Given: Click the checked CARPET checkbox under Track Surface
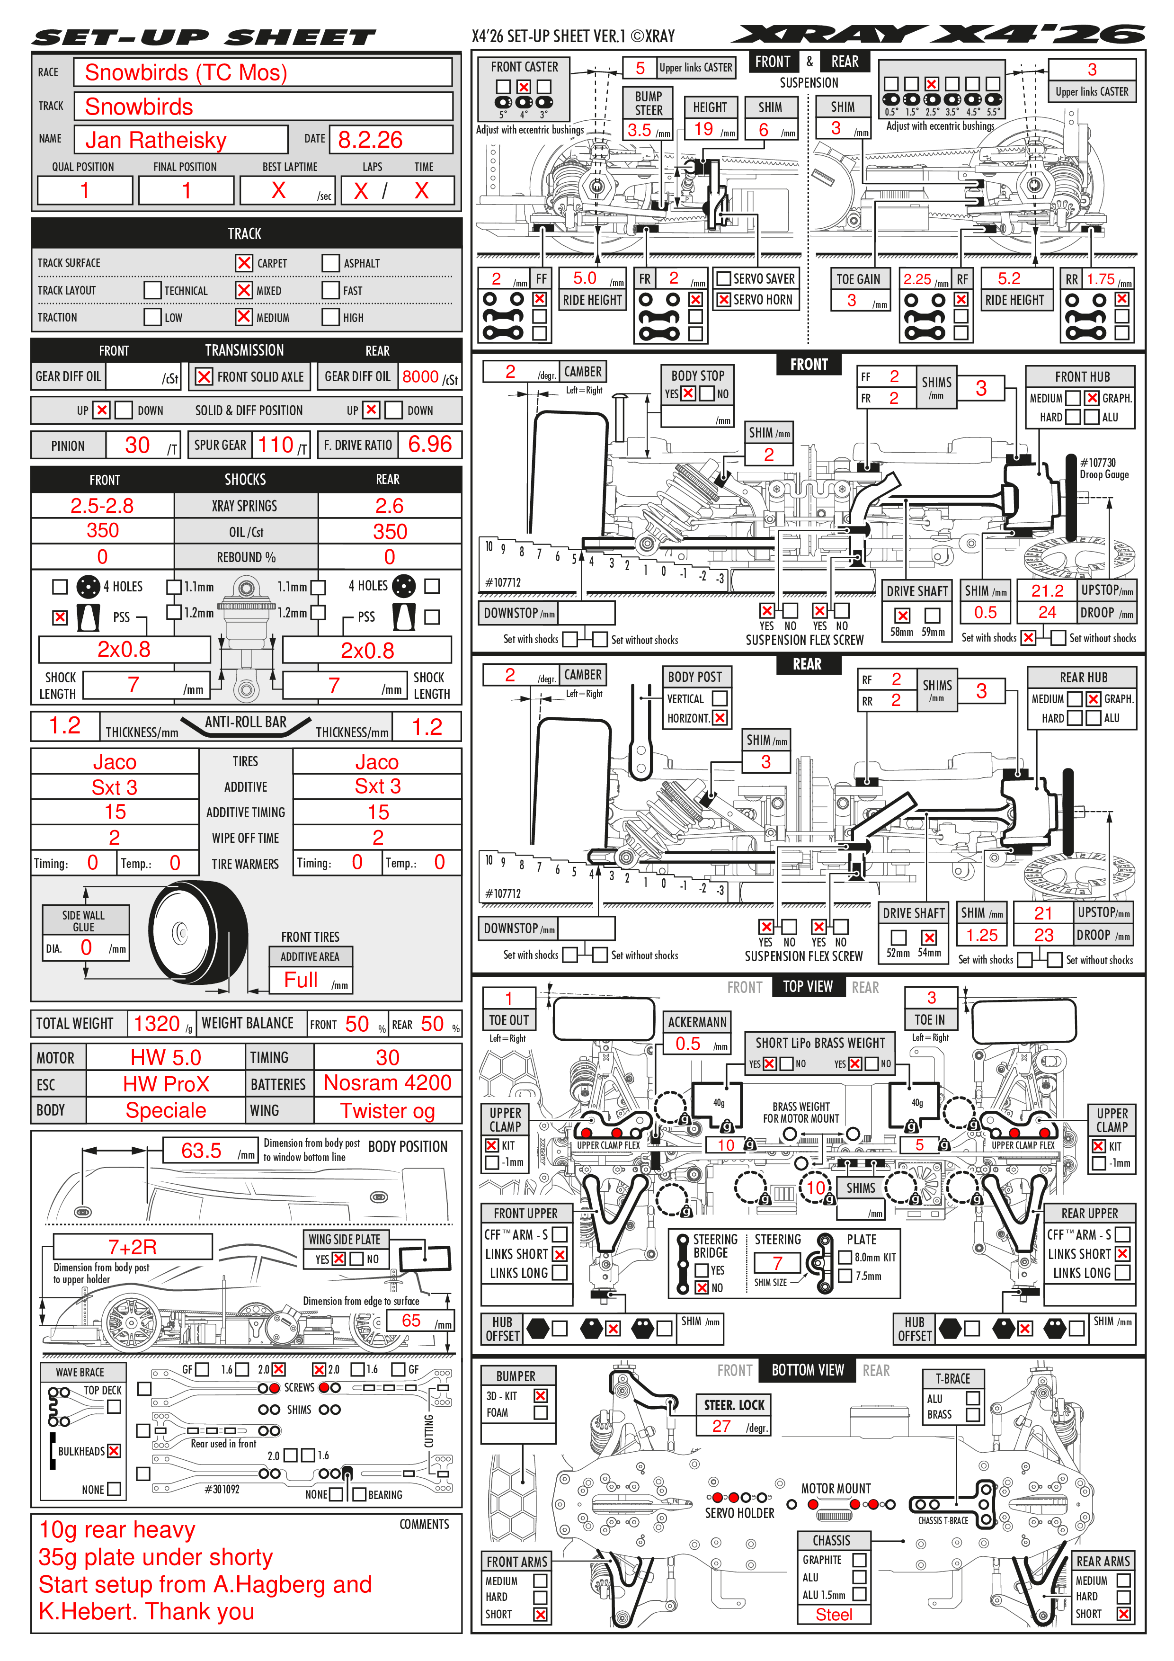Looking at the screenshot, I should click(x=244, y=263).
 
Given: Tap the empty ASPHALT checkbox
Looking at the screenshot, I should click(x=330, y=263).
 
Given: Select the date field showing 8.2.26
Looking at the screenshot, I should click(x=370, y=140).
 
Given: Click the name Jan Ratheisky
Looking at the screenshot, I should click(x=156, y=140).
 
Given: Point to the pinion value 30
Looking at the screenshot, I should click(x=137, y=445).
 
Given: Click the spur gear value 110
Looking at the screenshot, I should click(x=276, y=445).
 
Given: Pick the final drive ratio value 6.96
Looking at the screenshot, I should click(x=430, y=444).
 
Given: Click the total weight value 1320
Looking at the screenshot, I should click(x=156, y=1024).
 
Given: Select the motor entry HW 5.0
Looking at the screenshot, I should click(x=166, y=1058).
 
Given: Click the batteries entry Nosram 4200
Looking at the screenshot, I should click(x=388, y=1083).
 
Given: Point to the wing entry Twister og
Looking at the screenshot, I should click(x=388, y=1110).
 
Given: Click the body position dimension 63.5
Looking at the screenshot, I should click(x=201, y=1150).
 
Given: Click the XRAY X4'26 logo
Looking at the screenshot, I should click(x=938, y=34).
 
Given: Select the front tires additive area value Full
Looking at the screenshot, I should click(x=301, y=980).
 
